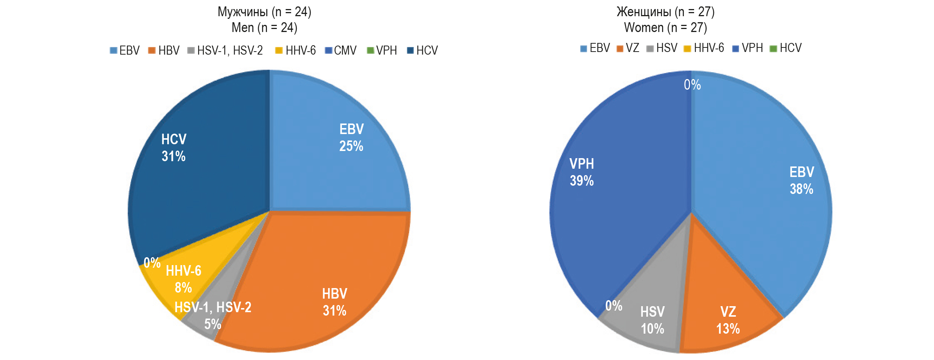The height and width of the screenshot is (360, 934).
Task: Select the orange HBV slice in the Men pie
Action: click(320, 271)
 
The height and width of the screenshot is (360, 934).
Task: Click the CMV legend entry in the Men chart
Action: click(341, 50)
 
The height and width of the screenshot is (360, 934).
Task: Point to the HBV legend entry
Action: click(164, 50)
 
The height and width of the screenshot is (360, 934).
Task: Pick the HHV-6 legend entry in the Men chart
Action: click(296, 50)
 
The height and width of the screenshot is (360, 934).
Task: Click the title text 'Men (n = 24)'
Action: click(264, 27)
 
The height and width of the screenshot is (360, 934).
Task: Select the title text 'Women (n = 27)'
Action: click(665, 27)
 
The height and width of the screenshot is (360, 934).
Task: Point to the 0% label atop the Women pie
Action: click(692, 85)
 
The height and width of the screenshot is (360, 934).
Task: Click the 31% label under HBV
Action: click(334, 311)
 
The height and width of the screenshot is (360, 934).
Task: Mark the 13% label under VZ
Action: click(728, 329)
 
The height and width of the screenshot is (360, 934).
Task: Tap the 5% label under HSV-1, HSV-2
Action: click(213, 324)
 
